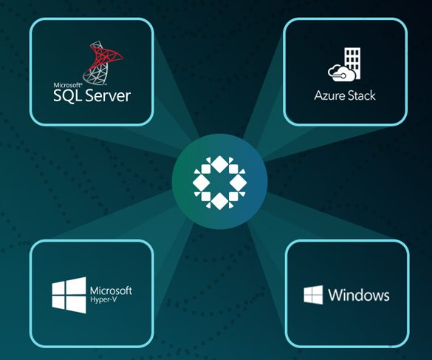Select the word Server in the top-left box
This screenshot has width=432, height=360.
pos(108,95)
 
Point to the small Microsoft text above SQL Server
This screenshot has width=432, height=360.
pos(67,85)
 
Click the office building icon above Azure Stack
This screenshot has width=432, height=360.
pos(352,63)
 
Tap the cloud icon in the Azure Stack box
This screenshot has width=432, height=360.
pos(339,73)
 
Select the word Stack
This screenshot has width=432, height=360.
pos(362,95)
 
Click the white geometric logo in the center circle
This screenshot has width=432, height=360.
pos(219,182)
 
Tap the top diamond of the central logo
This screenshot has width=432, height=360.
pos(219,164)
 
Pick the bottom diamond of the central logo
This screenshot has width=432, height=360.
pos(219,201)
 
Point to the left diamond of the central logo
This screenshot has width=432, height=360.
pos(201,183)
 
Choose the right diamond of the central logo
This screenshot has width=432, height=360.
pos(238,183)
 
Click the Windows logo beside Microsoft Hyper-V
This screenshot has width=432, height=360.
pos(69,295)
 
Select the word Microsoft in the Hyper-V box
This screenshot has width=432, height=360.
pos(111,291)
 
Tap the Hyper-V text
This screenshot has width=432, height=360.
pos(103,299)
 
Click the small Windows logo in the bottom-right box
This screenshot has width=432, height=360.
pos(313,295)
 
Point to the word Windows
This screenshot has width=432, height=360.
pos(359,295)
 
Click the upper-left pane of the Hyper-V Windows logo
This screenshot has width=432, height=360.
pos(58,288)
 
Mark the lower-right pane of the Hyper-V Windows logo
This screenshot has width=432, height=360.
pos(76,305)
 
